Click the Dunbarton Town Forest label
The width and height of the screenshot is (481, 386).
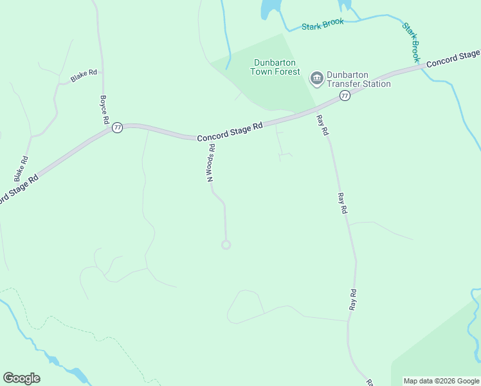(275, 67)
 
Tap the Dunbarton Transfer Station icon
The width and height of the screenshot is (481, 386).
(316, 78)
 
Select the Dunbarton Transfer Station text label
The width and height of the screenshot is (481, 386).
(358, 79)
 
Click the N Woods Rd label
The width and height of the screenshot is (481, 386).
(210, 163)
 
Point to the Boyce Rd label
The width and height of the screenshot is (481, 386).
(104, 110)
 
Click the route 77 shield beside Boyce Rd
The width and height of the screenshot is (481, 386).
(116, 128)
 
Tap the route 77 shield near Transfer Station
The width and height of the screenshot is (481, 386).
(345, 96)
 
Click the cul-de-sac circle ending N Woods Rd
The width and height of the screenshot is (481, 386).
(226, 244)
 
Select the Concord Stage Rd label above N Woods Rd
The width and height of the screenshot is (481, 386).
(230, 133)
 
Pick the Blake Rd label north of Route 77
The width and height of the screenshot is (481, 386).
(84, 75)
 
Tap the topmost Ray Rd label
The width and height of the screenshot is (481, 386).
(322, 125)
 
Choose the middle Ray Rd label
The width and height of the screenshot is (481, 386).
(343, 203)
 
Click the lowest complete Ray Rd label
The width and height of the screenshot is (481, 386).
(353, 300)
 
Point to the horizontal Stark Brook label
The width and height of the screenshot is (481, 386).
(323, 24)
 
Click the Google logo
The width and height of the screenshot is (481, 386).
(21, 378)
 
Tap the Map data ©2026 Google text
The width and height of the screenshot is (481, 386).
(441, 381)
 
